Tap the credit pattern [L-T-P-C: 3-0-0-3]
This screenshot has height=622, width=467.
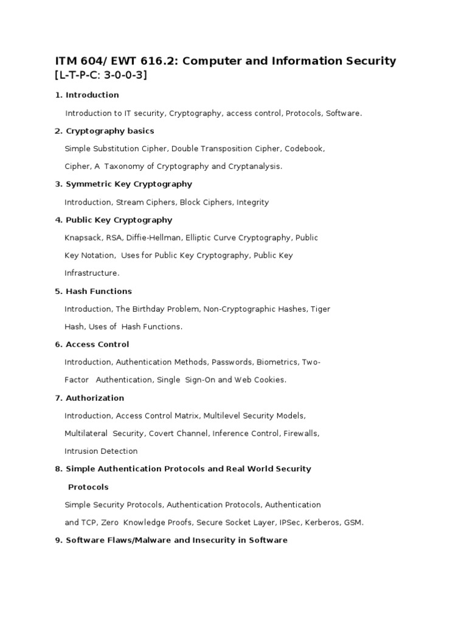(101, 75)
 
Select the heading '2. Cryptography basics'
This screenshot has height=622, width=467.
(104, 131)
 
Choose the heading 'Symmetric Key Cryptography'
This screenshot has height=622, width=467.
(128, 184)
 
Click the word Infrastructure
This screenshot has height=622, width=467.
(92, 273)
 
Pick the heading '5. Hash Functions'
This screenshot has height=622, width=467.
(93, 291)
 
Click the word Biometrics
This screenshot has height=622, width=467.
(278, 362)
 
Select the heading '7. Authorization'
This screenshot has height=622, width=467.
(89, 398)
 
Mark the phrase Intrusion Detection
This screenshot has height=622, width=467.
(101, 451)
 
